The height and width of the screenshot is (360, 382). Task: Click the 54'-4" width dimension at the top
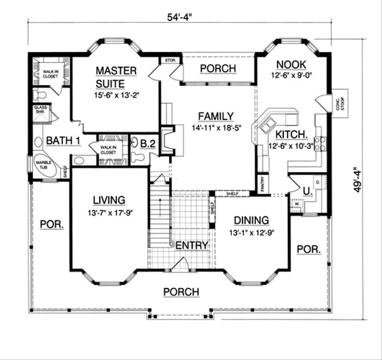pos(182,17)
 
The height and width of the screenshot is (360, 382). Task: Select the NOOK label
pos(291,64)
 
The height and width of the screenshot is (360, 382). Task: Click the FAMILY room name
pos(216,117)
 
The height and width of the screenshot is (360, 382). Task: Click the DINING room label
pos(251,220)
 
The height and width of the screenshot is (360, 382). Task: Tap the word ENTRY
pos(191,245)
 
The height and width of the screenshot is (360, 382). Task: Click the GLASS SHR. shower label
pos(41,109)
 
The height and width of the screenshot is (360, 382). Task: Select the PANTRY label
pos(263,184)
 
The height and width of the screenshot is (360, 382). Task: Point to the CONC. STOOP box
pos(340,103)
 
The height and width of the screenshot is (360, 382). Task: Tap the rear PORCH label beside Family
pos(218,69)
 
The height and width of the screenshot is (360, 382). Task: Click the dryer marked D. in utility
pos(318,182)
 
